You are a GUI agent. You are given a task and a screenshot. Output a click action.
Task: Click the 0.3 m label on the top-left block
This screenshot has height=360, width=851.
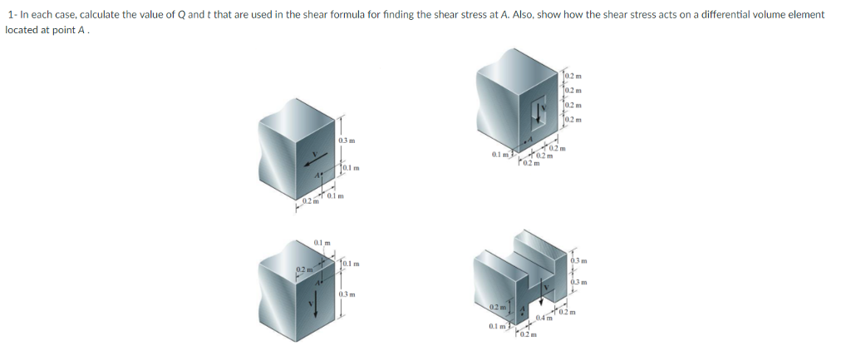coord(347,141)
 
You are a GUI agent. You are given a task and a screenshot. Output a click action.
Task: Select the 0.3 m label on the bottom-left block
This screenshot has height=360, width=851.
coord(347,293)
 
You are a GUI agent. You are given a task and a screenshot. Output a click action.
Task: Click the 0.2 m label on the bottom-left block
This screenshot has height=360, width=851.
coord(303,268)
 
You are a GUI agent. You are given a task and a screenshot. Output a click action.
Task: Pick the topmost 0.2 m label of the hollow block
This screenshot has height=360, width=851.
coord(572,76)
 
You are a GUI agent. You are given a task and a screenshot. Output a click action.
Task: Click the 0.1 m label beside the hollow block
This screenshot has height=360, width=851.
coord(500,155)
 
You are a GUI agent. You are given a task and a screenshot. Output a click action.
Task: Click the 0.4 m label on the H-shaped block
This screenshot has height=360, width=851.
coord(545,318)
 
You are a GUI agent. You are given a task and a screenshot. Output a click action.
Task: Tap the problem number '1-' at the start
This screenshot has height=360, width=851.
coord(10,15)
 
